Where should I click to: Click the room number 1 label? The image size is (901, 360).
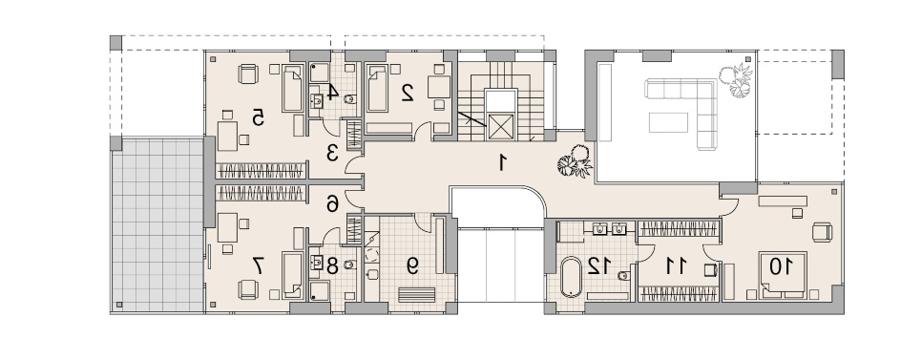[x=503, y=162]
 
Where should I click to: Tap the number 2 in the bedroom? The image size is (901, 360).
[x=408, y=92]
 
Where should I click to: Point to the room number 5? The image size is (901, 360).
[x=258, y=117]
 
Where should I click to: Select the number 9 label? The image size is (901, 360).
[x=412, y=265]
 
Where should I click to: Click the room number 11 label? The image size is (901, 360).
[x=676, y=265]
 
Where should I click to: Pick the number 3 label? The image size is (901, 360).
[x=331, y=153]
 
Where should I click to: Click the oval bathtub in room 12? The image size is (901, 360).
[x=571, y=277]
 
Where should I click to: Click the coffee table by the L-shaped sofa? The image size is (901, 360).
[x=668, y=122]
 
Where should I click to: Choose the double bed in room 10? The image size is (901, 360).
[x=783, y=275]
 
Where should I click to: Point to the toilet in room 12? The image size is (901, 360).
[x=623, y=275]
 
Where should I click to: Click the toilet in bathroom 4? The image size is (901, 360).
[x=349, y=99]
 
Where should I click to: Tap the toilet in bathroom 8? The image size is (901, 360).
[x=349, y=265]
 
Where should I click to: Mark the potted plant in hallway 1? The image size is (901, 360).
[x=575, y=161]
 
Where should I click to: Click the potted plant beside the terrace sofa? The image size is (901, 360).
[x=734, y=81]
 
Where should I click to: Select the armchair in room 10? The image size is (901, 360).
[x=823, y=232]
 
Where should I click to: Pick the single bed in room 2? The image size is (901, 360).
[x=378, y=88]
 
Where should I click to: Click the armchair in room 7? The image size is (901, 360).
[x=248, y=289]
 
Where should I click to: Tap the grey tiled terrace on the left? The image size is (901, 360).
[x=157, y=224]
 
